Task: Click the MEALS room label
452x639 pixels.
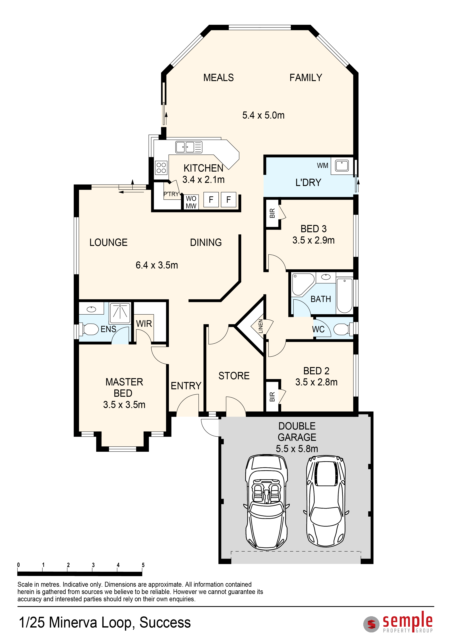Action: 218,78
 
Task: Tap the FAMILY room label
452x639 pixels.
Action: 306,78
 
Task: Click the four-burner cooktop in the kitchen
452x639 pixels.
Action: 161,168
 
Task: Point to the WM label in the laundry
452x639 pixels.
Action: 323,166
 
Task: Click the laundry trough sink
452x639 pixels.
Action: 342,166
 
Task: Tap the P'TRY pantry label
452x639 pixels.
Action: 171,194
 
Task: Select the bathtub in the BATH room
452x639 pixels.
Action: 345,296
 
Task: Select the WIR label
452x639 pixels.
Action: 144,324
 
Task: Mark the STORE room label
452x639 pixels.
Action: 234,376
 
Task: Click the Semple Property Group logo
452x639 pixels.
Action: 398,622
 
